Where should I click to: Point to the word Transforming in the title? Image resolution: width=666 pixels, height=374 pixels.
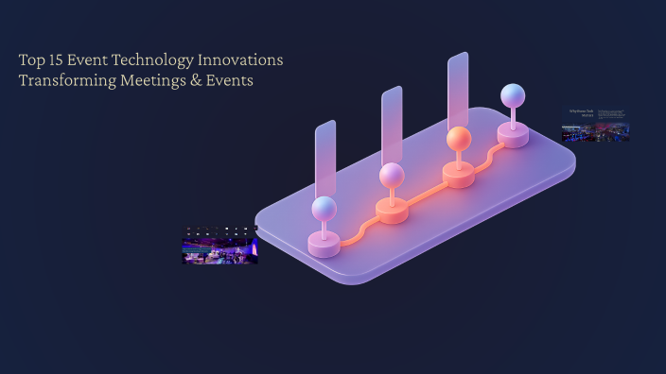coord(65,81)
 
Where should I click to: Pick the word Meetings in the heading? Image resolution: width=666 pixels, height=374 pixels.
coord(153,81)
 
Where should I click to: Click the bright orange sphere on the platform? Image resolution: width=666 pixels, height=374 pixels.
coord(459,139)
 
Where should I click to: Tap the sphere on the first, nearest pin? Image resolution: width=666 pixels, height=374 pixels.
coord(324,209)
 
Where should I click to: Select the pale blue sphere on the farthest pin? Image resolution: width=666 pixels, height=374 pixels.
coord(513,95)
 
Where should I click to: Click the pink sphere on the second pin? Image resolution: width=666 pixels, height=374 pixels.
coord(392,175)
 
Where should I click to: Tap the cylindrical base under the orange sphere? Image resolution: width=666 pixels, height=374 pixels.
coord(459,176)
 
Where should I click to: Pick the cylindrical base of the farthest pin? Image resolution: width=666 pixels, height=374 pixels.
coord(513,136)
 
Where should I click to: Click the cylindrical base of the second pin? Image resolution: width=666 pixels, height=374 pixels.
coord(392,212)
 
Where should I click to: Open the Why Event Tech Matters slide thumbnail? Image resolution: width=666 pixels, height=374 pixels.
coord(595,125)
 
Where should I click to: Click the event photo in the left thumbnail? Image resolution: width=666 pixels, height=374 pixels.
coord(219,250)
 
